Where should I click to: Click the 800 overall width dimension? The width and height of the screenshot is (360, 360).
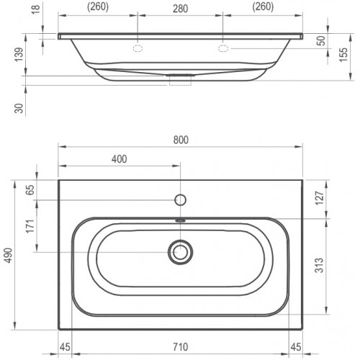181,140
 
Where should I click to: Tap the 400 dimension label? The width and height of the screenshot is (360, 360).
120,159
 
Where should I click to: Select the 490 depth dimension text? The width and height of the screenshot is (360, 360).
9,256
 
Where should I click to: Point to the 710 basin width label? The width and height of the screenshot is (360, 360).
181,347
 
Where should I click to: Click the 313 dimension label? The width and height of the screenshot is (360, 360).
319,265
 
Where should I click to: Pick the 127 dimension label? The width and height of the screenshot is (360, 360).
320,198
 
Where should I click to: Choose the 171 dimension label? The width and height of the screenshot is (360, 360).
30,226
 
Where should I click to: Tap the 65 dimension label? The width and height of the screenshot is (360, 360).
30,190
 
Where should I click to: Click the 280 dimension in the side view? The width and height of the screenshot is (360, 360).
180,9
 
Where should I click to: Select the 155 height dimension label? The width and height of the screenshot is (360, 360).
343,55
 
